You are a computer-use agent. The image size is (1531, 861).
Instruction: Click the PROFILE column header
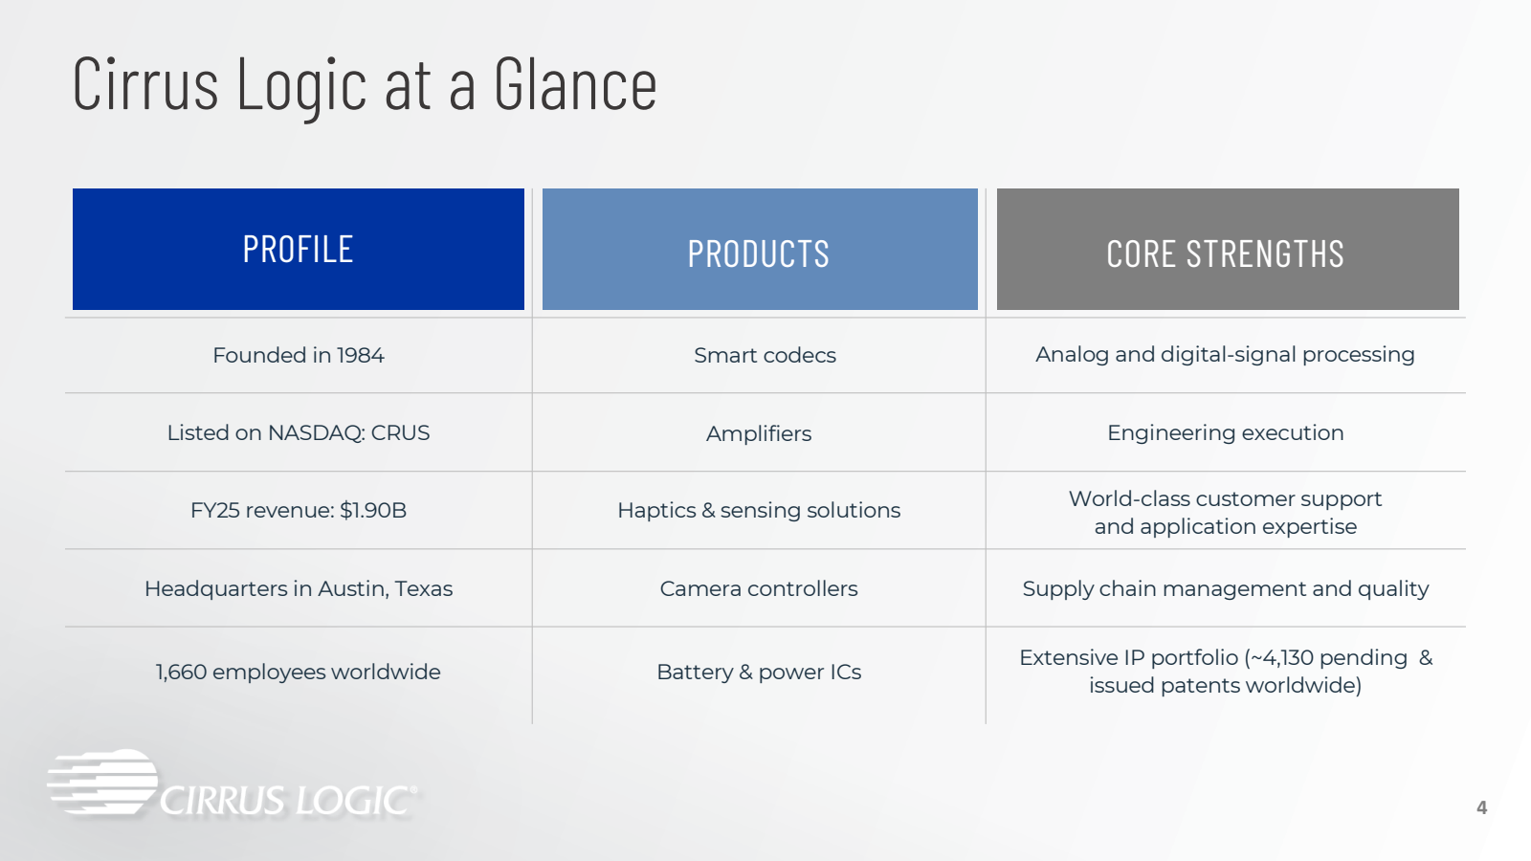click(298, 249)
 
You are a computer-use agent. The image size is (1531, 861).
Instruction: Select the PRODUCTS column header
click(760, 249)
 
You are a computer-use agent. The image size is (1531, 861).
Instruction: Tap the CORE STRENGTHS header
click(1228, 249)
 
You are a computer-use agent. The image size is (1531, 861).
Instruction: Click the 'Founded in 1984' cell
click(298, 355)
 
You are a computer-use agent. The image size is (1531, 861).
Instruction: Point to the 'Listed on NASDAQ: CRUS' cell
click(298, 433)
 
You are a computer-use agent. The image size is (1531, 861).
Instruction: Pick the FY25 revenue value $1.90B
click(373, 511)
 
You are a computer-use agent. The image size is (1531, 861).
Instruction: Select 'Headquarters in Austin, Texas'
click(298, 589)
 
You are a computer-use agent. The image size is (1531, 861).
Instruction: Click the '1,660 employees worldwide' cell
click(298, 673)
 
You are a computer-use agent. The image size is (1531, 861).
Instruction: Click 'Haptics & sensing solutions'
click(759, 511)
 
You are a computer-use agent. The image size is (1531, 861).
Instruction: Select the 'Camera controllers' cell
click(759, 589)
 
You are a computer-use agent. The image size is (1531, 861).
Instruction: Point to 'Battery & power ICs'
click(759, 673)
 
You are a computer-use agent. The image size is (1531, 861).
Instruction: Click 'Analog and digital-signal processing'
click(1225, 355)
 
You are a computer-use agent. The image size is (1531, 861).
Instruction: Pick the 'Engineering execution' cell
click(1226, 433)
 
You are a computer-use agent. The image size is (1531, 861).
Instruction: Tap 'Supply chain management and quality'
click(1226, 589)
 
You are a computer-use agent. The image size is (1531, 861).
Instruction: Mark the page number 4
click(1482, 807)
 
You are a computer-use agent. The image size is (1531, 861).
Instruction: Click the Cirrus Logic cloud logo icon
click(102, 783)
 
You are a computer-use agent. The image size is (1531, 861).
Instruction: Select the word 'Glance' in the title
click(575, 85)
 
